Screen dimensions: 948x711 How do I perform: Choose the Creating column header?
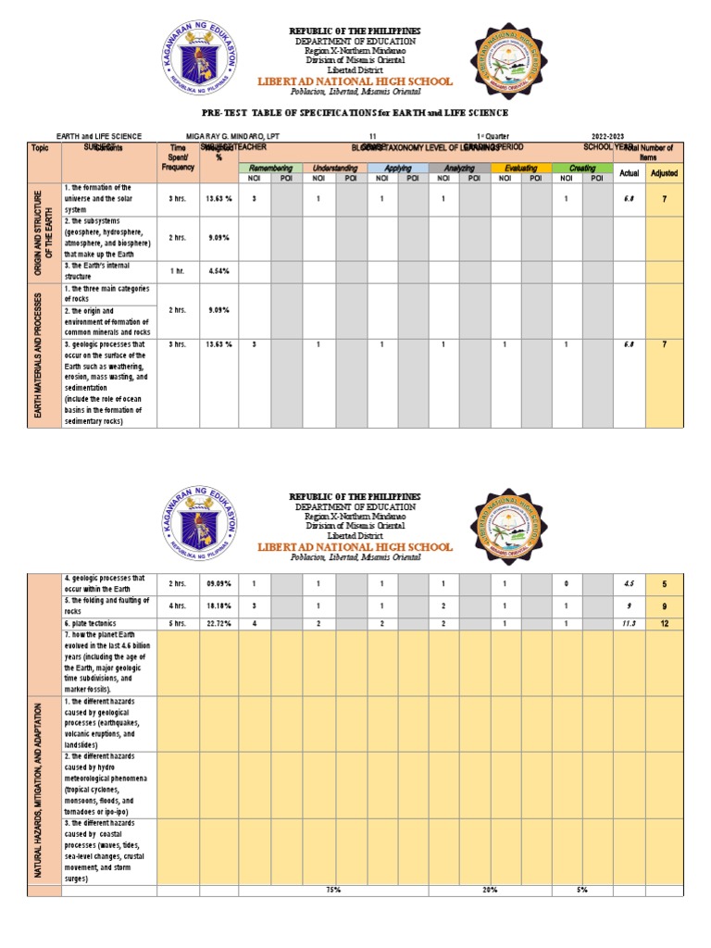tap(582, 168)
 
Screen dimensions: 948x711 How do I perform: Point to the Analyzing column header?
tap(459, 168)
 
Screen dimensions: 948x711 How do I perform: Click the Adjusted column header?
tap(664, 173)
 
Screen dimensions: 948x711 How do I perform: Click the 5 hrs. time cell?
tap(178, 624)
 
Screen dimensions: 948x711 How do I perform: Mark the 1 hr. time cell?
tap(178, 270)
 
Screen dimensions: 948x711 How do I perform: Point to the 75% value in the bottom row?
tap(333, 890)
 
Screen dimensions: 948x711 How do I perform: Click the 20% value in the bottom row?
tap(490, 890)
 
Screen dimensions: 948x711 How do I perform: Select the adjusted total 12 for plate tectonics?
tap(664, 624)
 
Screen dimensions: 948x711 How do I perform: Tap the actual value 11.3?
tap(629, 624)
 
